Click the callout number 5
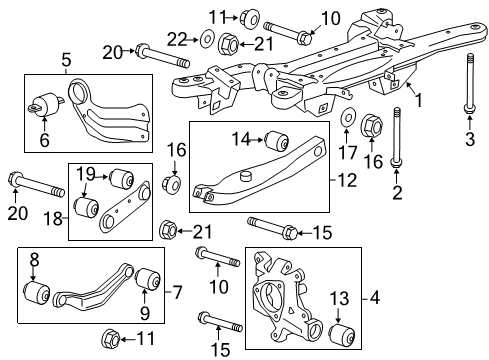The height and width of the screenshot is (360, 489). tap(66, 59)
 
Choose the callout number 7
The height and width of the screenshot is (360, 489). tap(179, 293)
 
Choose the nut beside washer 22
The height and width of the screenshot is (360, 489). tap(227, 43)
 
